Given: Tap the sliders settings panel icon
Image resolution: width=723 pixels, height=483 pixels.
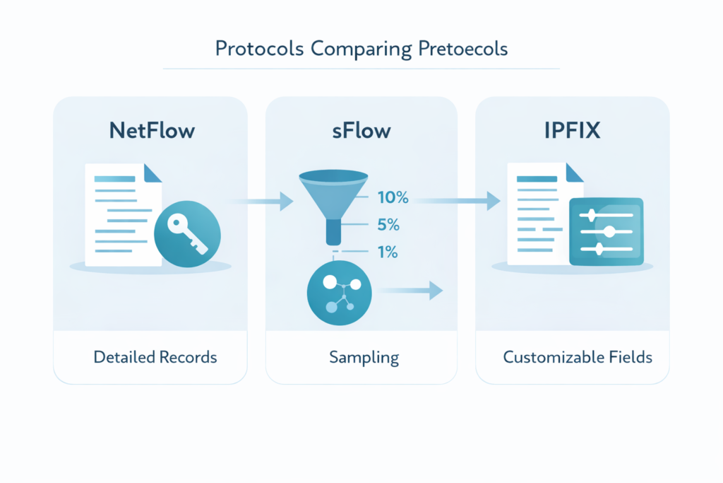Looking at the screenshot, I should (606, 231).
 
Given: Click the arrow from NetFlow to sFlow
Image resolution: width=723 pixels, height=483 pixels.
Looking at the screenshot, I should (263, 202).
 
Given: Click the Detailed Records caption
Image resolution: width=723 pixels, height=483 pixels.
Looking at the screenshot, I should (155, 357).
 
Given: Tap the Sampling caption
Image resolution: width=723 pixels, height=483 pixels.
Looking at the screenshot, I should (364, 357).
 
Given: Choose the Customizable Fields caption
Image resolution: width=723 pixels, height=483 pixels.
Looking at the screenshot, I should (577, 357).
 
